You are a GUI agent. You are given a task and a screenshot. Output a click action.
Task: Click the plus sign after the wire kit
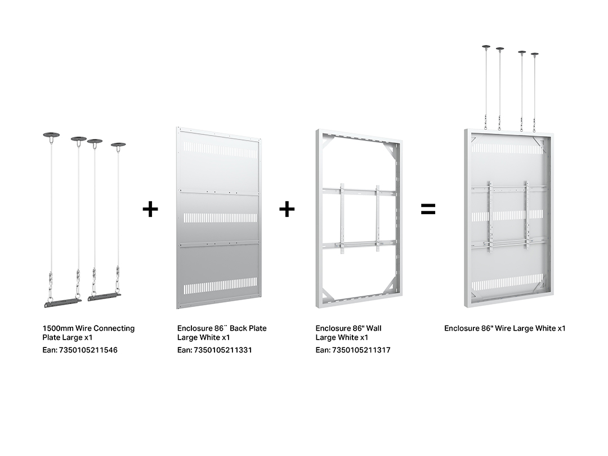150,209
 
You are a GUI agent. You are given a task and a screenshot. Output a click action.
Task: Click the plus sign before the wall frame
287,209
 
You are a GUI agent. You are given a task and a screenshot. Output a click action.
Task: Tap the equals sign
428,209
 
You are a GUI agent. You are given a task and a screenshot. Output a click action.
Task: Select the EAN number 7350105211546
88,350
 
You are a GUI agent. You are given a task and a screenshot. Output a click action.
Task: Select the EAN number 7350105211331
223,350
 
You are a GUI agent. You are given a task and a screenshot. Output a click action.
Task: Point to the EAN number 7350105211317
361,350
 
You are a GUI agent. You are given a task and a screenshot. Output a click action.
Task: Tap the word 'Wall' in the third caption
374,328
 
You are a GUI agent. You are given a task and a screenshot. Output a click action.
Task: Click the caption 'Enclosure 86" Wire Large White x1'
505,328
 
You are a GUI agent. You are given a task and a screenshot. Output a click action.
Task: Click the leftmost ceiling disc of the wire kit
51,135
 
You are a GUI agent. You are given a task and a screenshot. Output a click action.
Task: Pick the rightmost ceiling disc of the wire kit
118,145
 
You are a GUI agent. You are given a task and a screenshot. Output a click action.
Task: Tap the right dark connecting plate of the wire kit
104,297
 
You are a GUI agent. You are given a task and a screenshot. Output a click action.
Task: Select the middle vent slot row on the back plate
220,218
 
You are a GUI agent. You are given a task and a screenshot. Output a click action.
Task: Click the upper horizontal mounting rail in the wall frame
360,191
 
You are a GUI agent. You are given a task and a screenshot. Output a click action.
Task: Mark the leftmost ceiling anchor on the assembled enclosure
486,47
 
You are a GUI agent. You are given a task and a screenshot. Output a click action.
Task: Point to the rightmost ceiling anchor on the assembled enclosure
535,55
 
